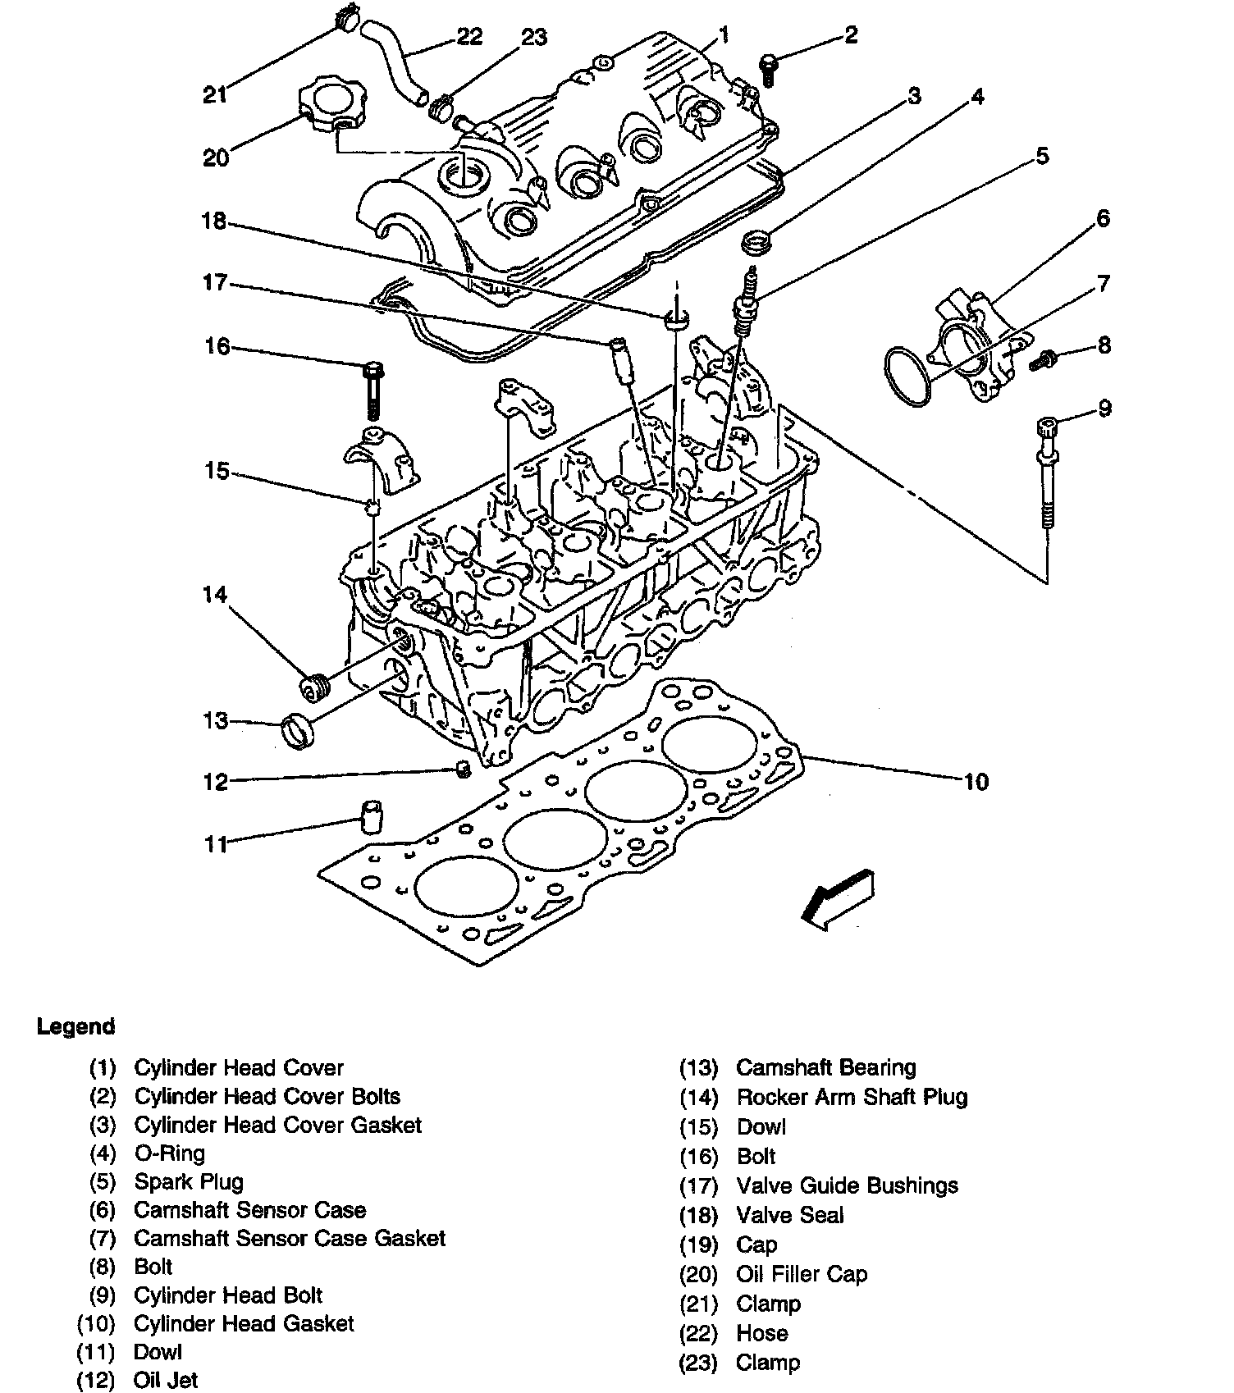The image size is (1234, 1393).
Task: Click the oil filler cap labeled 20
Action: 331,105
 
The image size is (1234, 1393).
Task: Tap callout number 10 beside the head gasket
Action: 976,782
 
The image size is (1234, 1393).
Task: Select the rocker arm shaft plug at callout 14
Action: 313,687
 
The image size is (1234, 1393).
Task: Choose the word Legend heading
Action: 76,1026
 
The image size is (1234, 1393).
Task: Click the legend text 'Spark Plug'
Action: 189,1182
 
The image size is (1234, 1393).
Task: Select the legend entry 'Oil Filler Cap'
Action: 802,1274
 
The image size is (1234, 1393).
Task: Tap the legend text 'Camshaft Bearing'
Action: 826,1068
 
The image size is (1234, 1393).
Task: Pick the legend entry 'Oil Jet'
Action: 166,1381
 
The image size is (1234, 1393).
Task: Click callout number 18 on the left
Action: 214,222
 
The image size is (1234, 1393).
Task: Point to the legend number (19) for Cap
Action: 699,1245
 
